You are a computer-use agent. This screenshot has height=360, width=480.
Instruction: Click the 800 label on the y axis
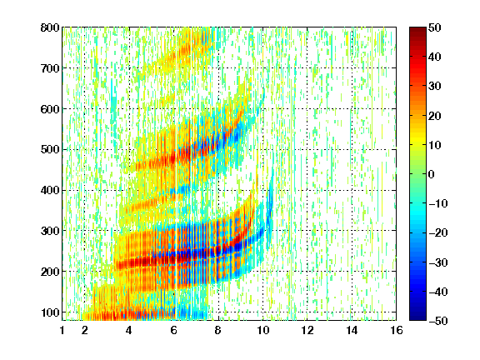click(x=50, y=27)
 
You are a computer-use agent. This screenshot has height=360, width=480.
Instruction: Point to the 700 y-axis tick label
click(x=50, y=68)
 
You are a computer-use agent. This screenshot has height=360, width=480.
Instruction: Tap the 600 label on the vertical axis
click(x=50, y=109)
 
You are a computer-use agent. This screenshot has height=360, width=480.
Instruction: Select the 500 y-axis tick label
click(x=50, y=150)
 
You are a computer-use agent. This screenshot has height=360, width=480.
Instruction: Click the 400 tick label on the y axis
click(x=50, y=190)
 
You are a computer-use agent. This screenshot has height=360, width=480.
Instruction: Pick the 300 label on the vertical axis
click(x=50, y=231)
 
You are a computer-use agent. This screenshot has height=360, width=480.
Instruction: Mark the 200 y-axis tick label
click(x=50, y=272)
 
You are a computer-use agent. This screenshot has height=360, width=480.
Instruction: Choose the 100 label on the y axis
click(x=50, y=312)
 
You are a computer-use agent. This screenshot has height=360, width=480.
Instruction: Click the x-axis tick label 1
click(x=62, y=330)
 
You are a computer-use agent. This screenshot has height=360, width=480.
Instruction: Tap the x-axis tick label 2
click(x=85, y=330)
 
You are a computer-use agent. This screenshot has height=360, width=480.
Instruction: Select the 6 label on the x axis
click(x=174, y=330)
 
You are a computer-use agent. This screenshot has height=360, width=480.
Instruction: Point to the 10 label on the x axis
click(x=262, y=330)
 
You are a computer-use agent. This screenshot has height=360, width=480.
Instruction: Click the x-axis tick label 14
click(x=352, y=330)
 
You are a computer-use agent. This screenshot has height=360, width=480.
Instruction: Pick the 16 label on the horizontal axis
click(x=397, y=330)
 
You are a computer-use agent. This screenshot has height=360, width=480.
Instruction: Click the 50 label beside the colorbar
click(x=434, y=27)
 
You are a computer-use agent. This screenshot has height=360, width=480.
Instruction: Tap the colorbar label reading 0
click(x=432, y=174)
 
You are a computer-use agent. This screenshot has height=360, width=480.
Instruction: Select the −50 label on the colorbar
click(x=438, y=321)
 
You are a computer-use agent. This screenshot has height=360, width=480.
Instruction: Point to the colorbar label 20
click(x=434, y=116)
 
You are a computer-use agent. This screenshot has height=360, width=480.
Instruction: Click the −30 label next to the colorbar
click(x=438, y=262)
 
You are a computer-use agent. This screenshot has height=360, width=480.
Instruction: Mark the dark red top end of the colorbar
click(x=417, y=29)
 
